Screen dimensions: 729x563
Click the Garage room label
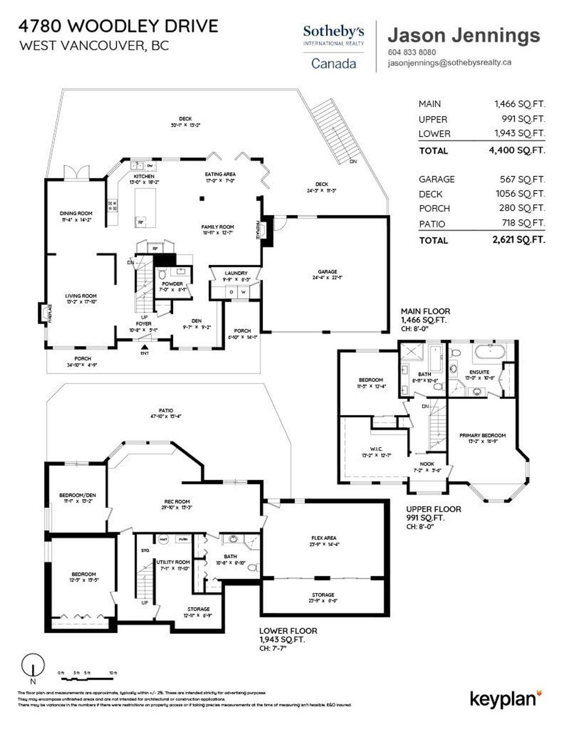click(x=327, y=272)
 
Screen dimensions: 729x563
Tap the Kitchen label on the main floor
click(x=144, y=177)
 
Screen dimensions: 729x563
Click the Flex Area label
click(x=323, y=538)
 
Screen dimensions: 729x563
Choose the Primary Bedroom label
click(x=482, y=435)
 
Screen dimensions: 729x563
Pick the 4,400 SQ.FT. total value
click(x=520, y=150)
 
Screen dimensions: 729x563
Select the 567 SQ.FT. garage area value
click(x=520, y=179)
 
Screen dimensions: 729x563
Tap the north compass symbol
click(x=33, y=667)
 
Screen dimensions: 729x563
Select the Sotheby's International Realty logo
click(x=333, y=46)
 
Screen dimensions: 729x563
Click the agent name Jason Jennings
click(x=463, y=35)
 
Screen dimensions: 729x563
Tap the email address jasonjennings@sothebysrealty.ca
click(x=450, y=62)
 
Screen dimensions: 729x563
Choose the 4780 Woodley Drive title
click(x=118, y=26)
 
